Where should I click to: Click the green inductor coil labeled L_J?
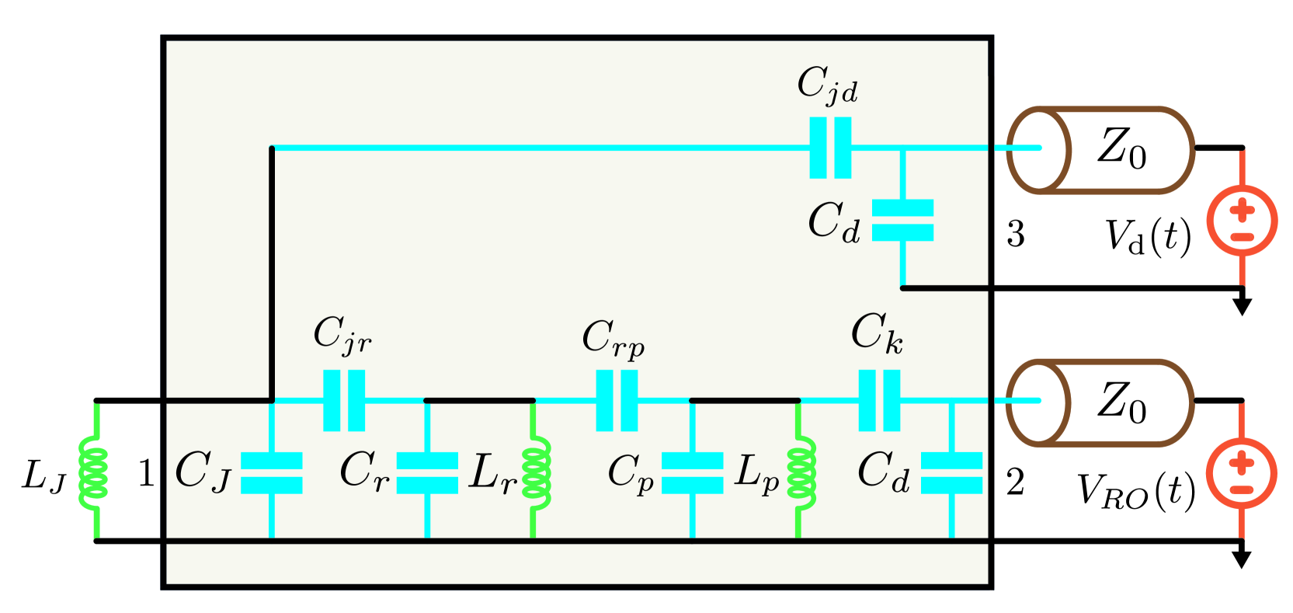(95, 469)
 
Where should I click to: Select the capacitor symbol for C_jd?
(830, 148)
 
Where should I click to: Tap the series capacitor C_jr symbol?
(344, 400)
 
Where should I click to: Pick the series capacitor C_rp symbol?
(617, 400)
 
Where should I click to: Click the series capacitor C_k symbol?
(879, 400)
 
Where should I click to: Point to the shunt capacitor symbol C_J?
(271, 472)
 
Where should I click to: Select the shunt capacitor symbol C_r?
(427, 472)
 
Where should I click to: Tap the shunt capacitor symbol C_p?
(692, 472)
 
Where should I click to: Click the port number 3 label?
(1015, 234)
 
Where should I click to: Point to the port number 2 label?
(1015, 482)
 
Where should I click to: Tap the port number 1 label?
(145, 473)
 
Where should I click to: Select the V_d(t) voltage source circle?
(1242, 221)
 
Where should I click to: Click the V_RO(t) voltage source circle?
(1242, 472)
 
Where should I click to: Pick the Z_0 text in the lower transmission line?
(1121, 402)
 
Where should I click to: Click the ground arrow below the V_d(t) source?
(1243, 306)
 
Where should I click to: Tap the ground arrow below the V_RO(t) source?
(1243, 559)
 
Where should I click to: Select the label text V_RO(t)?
(1135, 491)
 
